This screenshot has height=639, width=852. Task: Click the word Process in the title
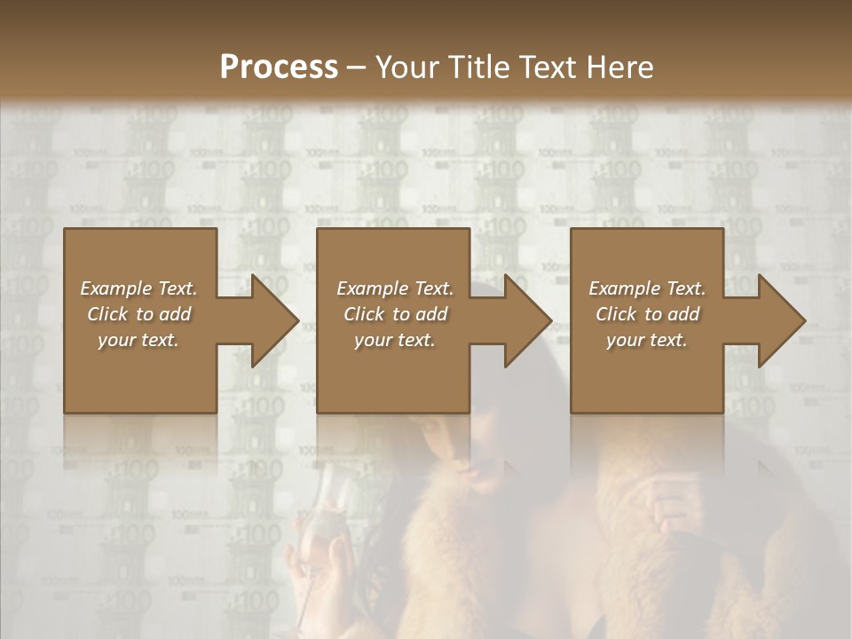click(279, 67)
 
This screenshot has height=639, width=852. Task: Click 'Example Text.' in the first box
click(139, 288)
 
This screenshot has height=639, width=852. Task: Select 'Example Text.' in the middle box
click(395, 288)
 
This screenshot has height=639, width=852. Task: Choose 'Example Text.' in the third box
click(647, 288)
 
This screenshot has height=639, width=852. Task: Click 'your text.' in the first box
click(139, 340)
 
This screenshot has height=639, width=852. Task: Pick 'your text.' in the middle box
click(395, 340)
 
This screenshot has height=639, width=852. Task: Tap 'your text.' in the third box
click(647, 340)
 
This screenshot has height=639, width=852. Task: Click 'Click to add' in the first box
click(139, 314)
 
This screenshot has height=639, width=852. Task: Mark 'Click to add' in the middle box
click(395, 314)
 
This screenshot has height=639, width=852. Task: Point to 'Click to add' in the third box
click(647, 314)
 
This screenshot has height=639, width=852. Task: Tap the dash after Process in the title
click(357, 68)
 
